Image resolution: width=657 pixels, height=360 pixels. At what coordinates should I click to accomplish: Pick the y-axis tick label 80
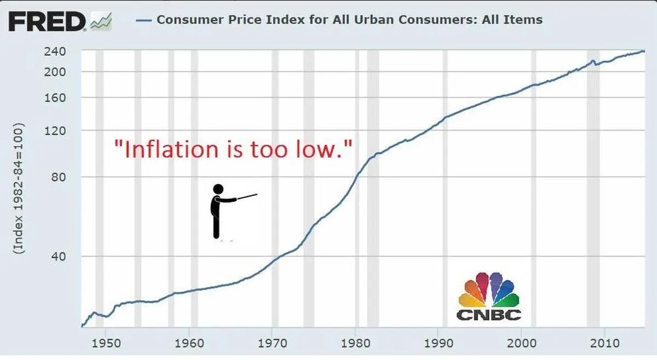coord(61,177)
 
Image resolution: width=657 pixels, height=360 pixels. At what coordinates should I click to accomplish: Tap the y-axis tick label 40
coord(61,257)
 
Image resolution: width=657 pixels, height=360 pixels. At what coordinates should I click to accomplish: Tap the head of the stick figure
coord(218,189)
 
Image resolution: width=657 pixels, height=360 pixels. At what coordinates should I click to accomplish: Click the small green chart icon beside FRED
coord(101,21)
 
